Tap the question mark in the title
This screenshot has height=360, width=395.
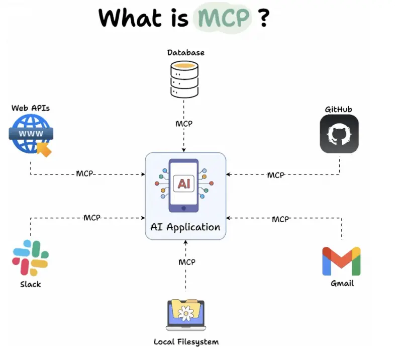click(262, 18)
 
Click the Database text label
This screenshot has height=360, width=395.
click(185, 52)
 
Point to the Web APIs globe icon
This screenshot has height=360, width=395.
click(31, 134)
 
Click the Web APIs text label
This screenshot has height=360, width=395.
click(31, 108)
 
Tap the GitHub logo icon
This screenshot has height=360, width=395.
click(339, 134)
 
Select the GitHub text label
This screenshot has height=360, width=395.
click(339, 109)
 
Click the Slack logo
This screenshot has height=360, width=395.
click(30, 257)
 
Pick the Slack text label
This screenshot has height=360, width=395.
click(30, 284)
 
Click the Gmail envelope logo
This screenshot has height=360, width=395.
click(341, 261)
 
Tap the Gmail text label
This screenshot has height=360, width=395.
click(342, 283)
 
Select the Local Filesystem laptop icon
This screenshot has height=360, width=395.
click(185, 315)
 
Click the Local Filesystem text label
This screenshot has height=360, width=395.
click(186, 342)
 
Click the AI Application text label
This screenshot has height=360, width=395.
click(185, 227)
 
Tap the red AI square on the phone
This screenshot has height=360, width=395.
click(183, 184)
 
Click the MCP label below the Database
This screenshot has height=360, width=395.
click(184, 124)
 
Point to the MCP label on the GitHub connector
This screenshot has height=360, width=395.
click(275, 175)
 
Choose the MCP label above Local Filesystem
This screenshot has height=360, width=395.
click(186, 262)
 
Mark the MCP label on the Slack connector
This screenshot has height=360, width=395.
click(92, 218)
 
